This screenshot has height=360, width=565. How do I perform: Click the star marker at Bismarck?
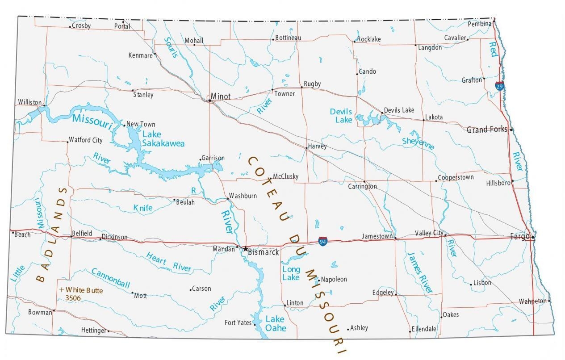pyautogui.click(x=245, y=248)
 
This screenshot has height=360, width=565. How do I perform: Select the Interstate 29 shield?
pyautogui.click(x=500, y=86)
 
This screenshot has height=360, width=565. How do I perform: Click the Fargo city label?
pyautogui.click(x=519, y=237)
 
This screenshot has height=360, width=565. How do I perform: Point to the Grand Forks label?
pyautogui.click(x=487, y=130)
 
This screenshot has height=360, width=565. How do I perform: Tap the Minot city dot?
pyautogui.click(x=209, y=100)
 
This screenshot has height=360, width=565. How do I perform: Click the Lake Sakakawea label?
pyautogui.click(x=163, y=139)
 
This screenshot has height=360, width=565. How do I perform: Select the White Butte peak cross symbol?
pyautogui.click(x=61, y=289)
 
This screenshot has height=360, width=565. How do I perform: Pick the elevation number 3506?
pyautogui.click(x=73, y=297)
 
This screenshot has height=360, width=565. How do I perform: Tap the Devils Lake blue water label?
pyautogui.click(x=341, y=115)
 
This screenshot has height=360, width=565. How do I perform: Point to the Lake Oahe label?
pyautogui.click(x=275, y=323)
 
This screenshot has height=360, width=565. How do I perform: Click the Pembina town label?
pyautogui.click(x=480, y=24)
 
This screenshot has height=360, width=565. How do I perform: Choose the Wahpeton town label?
pyautogui.click(x=532, y=301)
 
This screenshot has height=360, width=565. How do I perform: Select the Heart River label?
pyautogui.click(x=168, y=262)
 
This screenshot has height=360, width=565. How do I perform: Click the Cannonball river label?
pyautogui.click(x=110, y=278)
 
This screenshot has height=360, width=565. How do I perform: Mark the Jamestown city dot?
pyautogui.click(x=395, y=239)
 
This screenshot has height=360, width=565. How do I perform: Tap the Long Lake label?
pyautogui.click(x=291, y=273)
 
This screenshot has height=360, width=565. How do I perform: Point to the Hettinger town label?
pyautogui.click(x=93, y=331)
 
